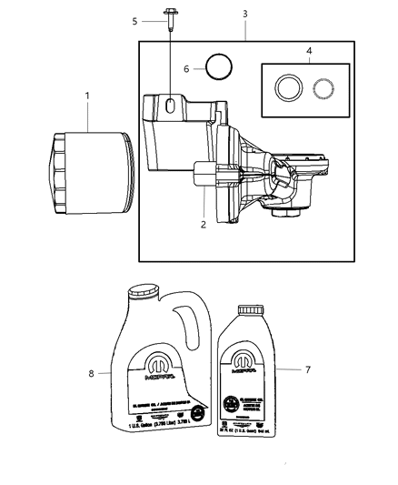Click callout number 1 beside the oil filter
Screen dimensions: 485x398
[87, 95]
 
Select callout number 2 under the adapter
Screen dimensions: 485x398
[204, 223]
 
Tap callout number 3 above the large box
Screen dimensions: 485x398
[245, 14]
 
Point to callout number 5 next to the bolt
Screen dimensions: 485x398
[134, 19]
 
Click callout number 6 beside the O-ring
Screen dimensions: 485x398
[187, 69]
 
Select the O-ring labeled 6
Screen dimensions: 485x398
[218, 68]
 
